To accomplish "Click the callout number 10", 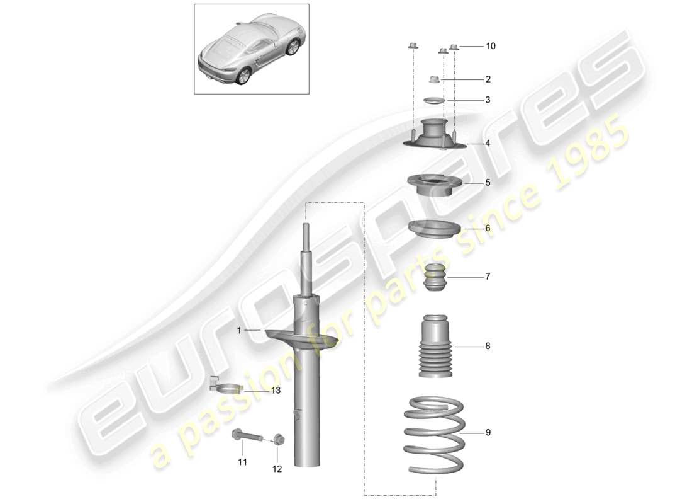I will pos(490,46).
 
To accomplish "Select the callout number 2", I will pos(488,79).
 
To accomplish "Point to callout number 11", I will pos(243,462).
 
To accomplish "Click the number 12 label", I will pos(277,469).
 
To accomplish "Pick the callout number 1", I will pos(239,329).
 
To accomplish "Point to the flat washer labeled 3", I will pos(432,101).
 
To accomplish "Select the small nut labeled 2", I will pos(433,79).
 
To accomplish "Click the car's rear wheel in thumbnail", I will pos(242,75).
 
